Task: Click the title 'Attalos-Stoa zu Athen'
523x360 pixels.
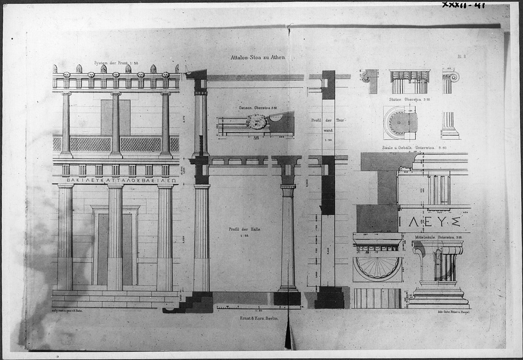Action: [x=257, y=58]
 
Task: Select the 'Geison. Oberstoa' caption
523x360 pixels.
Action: [x=257, y=108]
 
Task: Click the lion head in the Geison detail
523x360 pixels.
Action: [x=256, y=122]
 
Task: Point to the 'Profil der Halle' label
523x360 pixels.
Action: [x=245, y=229]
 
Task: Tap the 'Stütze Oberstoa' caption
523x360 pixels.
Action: [x=409, y=100]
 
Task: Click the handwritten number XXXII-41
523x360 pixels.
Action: [x=463, y=6]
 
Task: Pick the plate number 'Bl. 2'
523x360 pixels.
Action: [x=460, y=59]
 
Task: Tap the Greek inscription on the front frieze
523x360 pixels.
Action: [x=121, y=180]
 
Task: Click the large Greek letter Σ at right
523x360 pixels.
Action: [x=455, y=222]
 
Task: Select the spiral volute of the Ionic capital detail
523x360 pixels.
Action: [x=453, y=77]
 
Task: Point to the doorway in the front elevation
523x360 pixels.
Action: [x=115, y=248]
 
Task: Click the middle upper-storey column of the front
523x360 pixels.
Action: [x=115, y=124]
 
